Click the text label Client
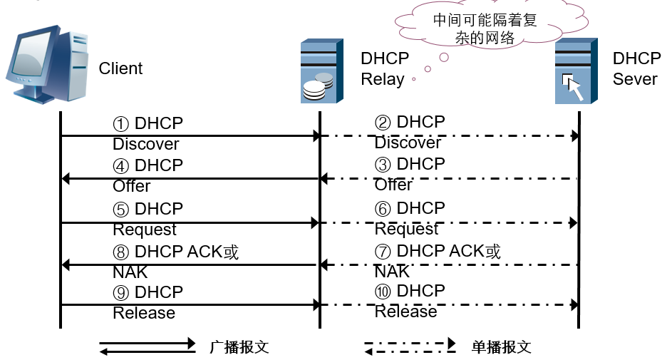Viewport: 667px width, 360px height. tap(120, 68)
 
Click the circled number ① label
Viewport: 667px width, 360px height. tap(120, 124)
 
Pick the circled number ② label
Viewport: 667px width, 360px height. tap(383, 123)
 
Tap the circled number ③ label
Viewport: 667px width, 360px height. tap(383, 164)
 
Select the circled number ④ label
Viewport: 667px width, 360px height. tap(120, 165)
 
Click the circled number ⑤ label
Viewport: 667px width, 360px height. tap(120, 209)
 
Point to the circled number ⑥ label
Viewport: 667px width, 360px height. tap(383, 208)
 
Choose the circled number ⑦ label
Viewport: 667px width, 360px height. tap(383, 251)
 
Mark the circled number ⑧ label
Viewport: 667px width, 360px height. tap(120, 252)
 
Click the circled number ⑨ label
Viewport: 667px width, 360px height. tap(120, 292)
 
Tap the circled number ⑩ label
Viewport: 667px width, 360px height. tap(383, 291)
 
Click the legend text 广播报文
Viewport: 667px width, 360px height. tap(239, 347)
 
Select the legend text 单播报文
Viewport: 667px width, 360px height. tap(501, 347)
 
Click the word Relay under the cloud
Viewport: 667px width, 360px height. tap(383, 79)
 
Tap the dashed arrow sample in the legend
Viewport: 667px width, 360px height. tap(410, 347)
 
